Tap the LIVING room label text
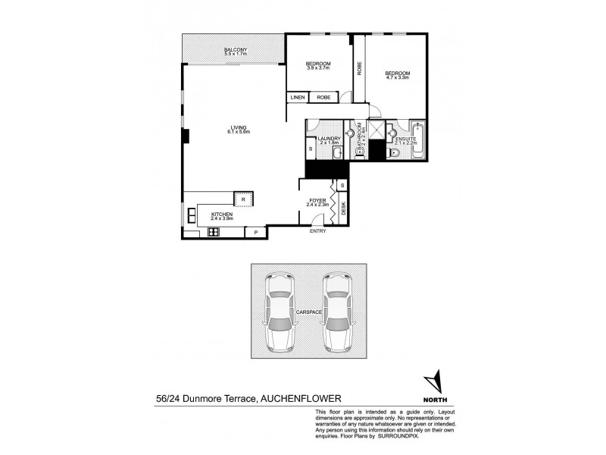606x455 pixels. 238,127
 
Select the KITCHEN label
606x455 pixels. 221,215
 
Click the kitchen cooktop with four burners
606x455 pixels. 214,233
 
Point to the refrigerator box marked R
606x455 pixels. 243,199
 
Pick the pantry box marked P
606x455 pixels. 255,232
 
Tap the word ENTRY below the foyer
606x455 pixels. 318,231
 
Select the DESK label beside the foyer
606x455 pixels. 343,209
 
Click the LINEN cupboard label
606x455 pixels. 297,98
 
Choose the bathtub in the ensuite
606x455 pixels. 418,140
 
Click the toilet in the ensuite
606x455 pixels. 393,152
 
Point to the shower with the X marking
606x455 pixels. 375,129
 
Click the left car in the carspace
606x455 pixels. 280,312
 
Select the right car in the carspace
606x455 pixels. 338,312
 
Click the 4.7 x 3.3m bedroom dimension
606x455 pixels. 398,77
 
